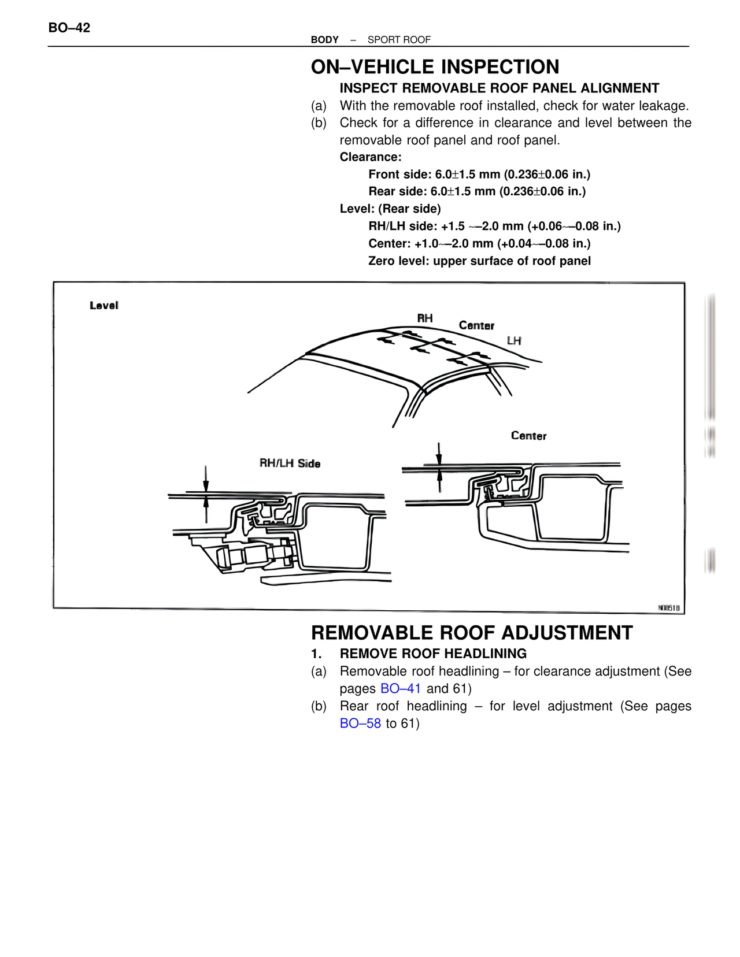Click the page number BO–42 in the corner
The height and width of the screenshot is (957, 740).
tap(69, 28)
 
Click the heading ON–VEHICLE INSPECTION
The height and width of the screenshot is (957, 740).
tap(435, 67)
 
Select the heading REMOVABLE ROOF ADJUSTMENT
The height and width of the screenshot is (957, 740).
tap(472, 633)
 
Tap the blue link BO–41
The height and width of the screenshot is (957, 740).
tap(401, 689)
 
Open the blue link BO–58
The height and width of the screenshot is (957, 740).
tap(360, 724)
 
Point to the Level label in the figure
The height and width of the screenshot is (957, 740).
tap(104, 306)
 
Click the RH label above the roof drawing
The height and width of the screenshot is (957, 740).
tap(425, 318)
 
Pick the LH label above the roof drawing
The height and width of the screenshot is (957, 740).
tap(514, 341)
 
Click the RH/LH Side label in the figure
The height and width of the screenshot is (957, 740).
tap(290, 463)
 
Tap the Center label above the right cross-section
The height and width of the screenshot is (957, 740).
tap(528, 436)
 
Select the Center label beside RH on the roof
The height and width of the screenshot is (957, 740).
tap(476, 326)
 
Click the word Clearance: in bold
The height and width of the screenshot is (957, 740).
tap(371, 157)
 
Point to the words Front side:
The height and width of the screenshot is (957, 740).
tap(400, 175)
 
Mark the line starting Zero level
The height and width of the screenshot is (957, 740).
tap(479, 261)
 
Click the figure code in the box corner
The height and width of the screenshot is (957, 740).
tap(669, 608)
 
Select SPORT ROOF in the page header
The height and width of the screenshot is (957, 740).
tap(399, 40)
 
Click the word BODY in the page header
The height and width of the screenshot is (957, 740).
tap(324, 40)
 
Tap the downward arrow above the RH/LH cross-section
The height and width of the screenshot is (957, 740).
tap(206, 480)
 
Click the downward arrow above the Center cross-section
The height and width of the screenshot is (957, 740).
tap(439, 453)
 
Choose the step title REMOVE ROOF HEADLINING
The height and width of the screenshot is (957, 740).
tap(433, 654)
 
